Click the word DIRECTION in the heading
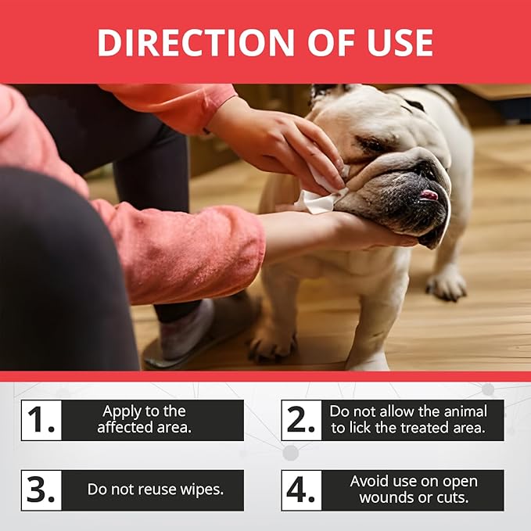click(x=196, y=42)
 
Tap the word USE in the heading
click(x=400, y=42)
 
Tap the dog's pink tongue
click(x=429, y=195)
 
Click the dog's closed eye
click(x=371, y=145)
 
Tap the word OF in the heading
click(x=331, y=42)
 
